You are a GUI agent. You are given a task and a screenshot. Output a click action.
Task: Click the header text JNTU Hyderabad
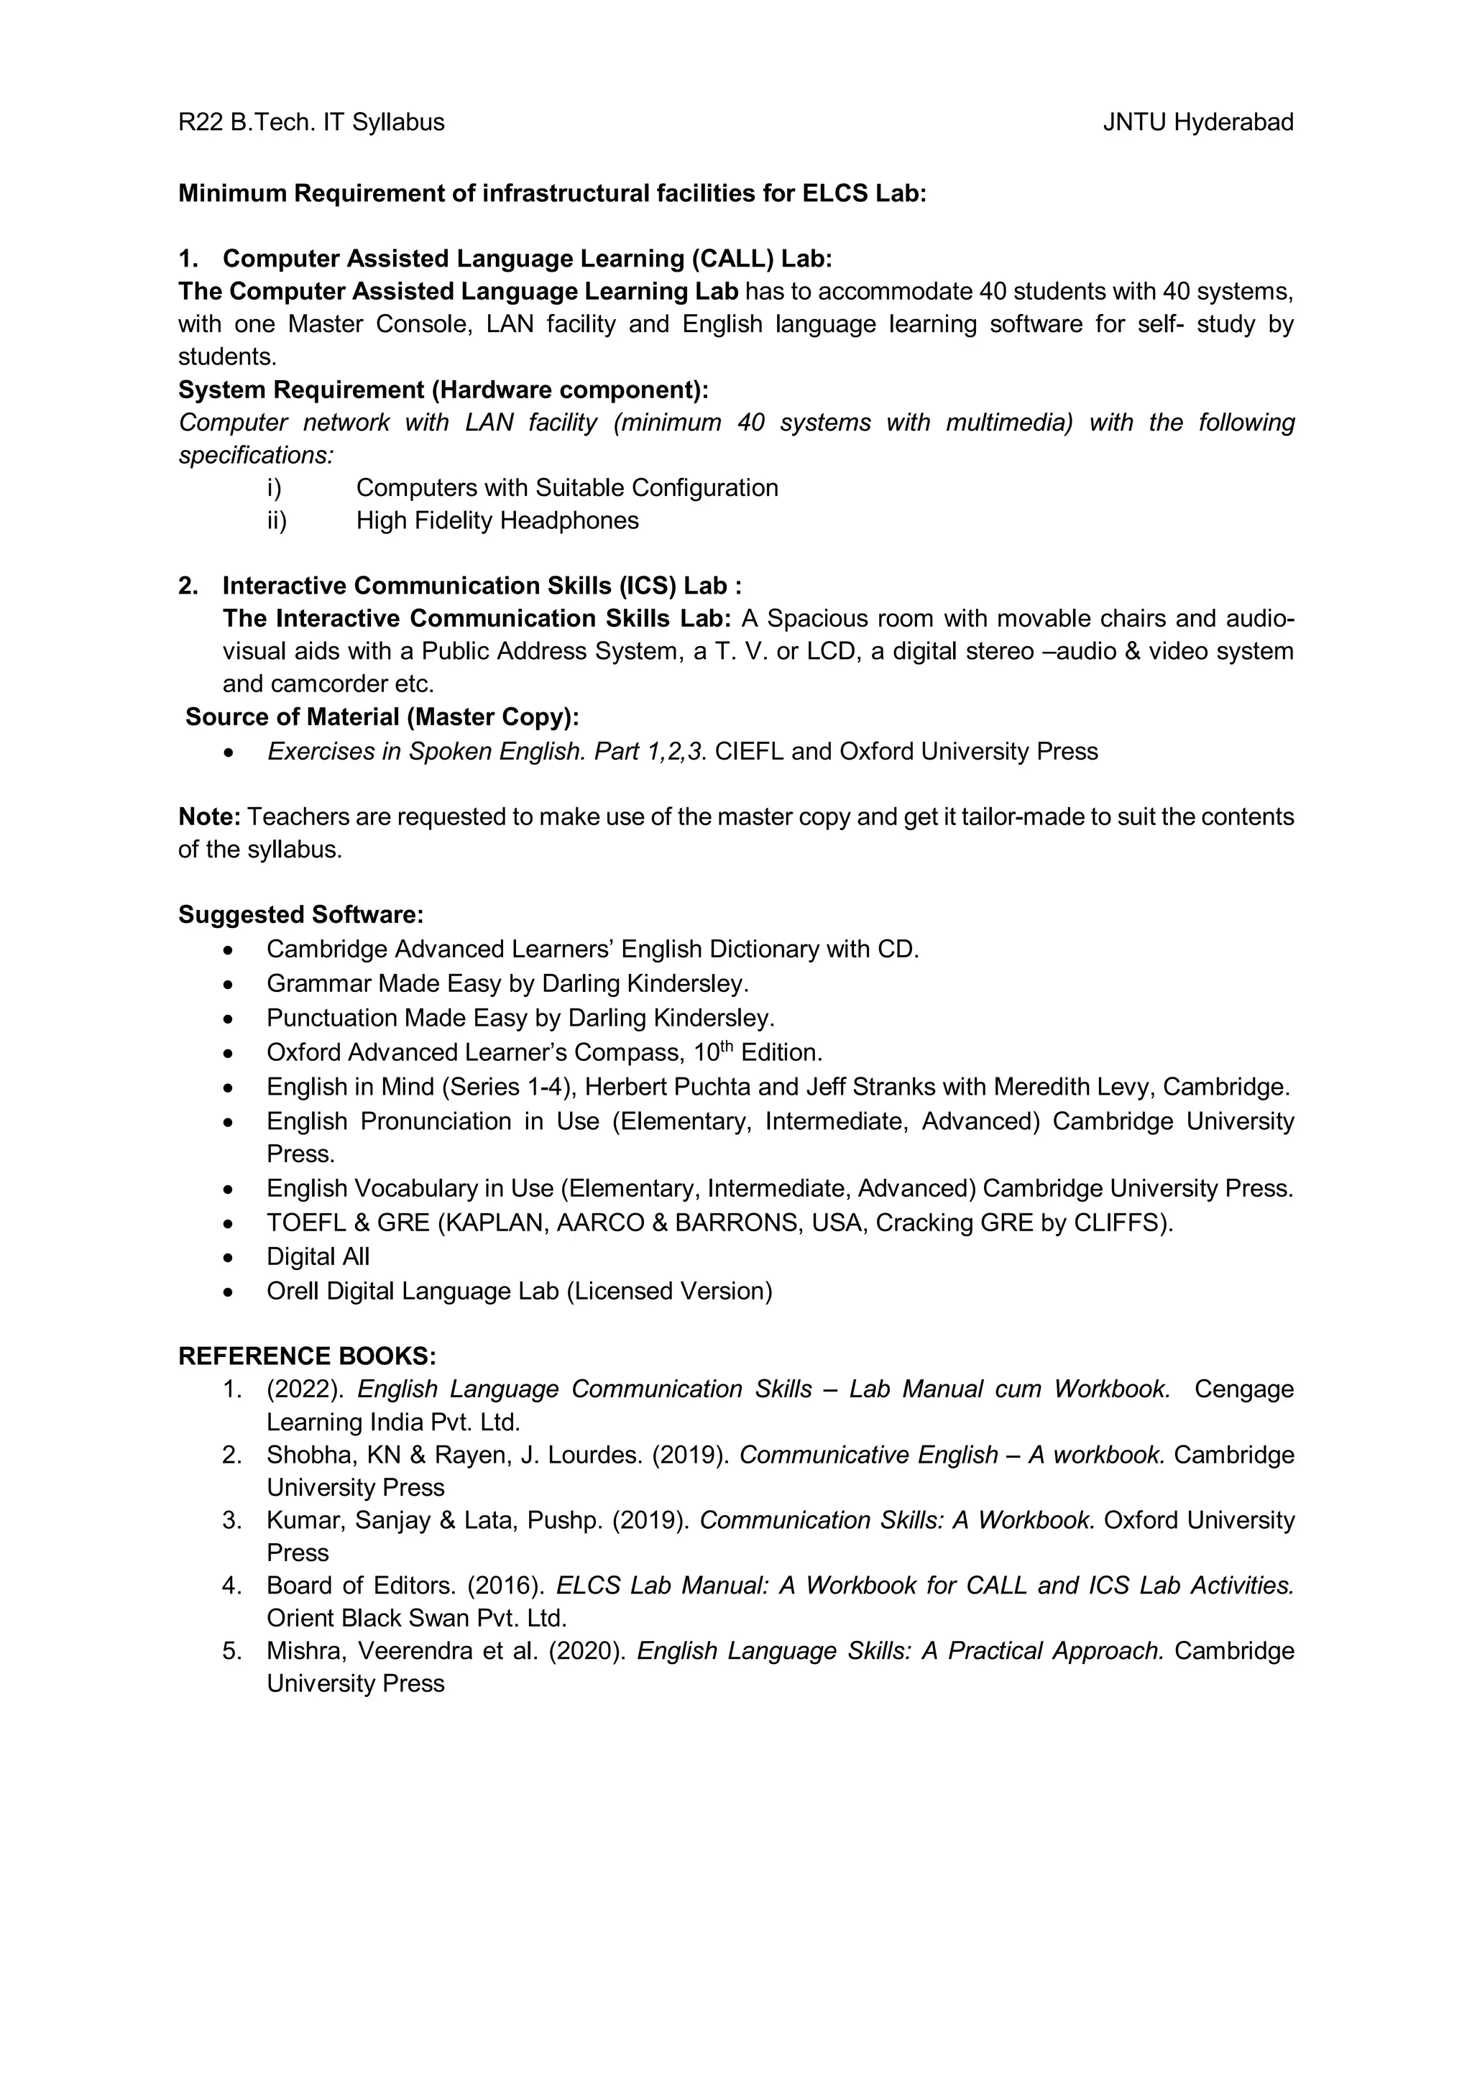1197,122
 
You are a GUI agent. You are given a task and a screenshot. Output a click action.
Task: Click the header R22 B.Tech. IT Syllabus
311,122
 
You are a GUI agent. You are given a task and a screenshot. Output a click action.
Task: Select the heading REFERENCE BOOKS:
307,1356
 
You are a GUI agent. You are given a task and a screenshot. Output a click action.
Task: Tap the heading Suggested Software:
300,914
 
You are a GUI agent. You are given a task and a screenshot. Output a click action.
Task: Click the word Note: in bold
208,817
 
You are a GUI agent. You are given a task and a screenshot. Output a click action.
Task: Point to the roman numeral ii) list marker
276,520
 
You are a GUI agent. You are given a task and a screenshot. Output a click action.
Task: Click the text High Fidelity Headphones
497,520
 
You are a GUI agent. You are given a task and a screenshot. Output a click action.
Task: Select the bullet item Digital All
318,1256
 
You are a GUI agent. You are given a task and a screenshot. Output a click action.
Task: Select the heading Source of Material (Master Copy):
382,717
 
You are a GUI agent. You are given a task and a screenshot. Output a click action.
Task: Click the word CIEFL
749,752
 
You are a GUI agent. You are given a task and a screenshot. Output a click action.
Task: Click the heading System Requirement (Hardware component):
443,390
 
